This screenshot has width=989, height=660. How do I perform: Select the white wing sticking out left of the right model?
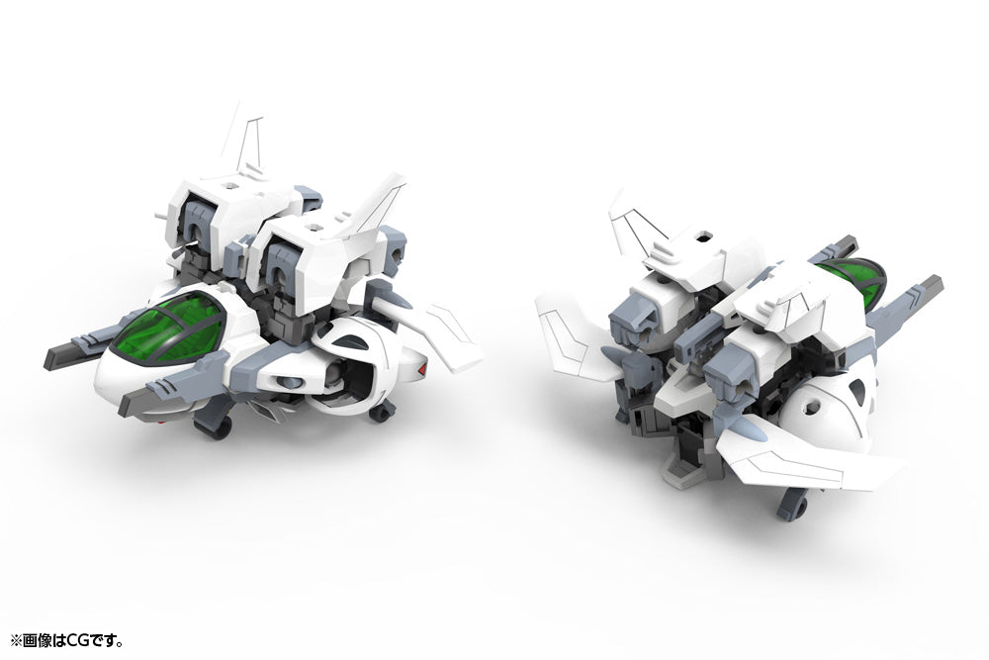[573, 332]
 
